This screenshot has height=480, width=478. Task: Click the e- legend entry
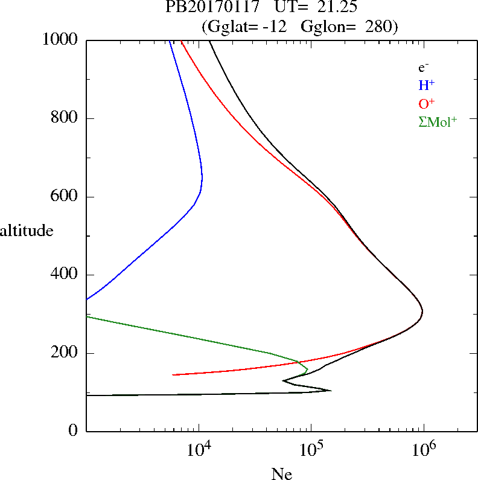[x=424, y=68]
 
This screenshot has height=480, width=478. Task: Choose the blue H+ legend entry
[x=427, y=85]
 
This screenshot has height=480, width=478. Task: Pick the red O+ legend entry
[x=427, y=103]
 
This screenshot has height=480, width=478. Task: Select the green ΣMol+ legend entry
[x=438, y=121]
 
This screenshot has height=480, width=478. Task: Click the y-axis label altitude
[x=27, y=230]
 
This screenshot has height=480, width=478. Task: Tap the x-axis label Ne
[x=282, y=474]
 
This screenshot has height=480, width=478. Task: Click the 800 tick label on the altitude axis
[x=65, y=118]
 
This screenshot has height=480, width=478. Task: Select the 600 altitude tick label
[x=65, y=197]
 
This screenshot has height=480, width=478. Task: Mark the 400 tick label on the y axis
[x=65, y=275]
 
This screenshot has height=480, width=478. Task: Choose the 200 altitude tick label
[x=65, y=353]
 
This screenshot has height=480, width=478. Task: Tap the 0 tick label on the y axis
[x=74, y=431]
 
